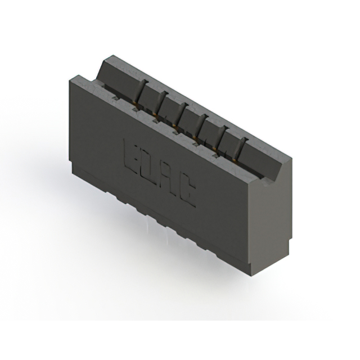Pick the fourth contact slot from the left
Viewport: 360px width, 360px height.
coord(201,123)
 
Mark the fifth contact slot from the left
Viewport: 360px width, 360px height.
coord(222,133)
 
